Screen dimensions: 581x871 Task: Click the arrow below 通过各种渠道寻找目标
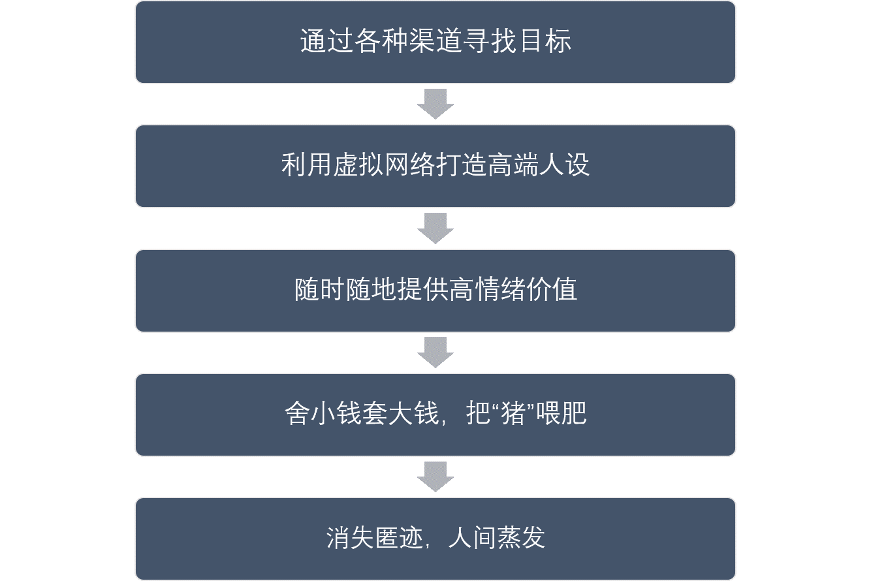point(435,104)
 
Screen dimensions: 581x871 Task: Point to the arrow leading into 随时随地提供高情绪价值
point(435,228)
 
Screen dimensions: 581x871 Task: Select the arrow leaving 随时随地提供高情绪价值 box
point(435,352)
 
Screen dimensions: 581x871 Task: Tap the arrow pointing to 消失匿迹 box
point(435,476)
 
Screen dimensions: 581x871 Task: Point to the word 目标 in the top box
point(545,42)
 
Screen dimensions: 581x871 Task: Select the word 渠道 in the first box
point(409,42)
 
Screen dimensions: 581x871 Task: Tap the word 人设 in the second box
point(563,166)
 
